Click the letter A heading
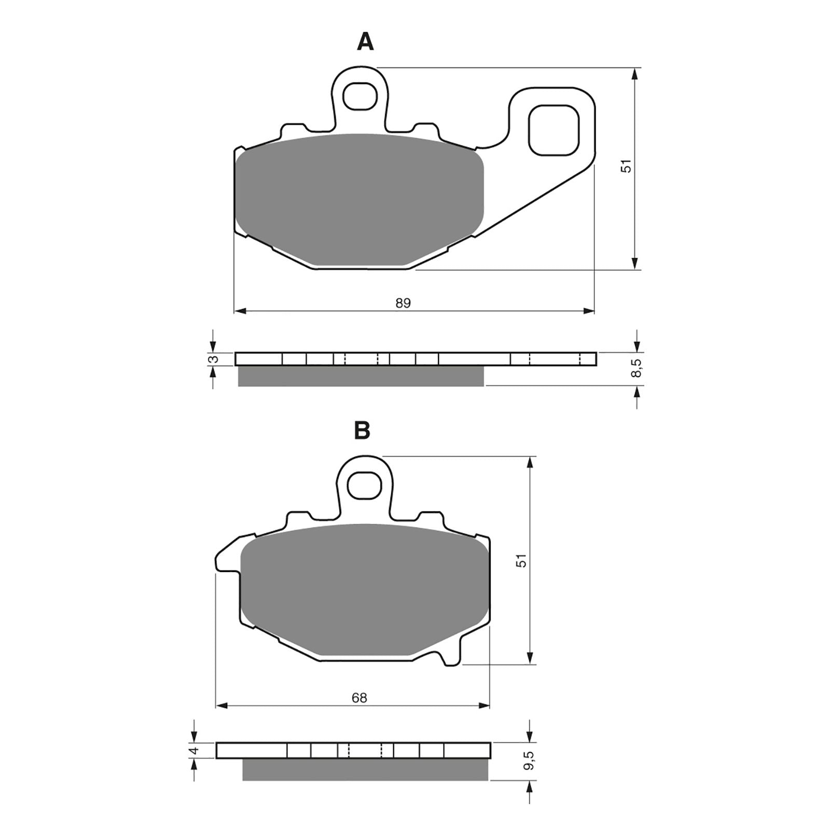[x=365, y=42]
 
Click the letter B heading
[x=362, y=430]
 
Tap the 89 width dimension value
[x=403, y=303]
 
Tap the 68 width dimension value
[x=359, y=698]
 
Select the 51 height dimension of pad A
[x=627, y=167]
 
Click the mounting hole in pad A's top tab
[x=360, y=96]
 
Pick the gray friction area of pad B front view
[x=363, y=589]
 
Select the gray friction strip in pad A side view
[x=361, y=376]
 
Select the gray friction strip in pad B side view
[x=365, y=769]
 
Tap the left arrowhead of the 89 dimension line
[x=240, y=311]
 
